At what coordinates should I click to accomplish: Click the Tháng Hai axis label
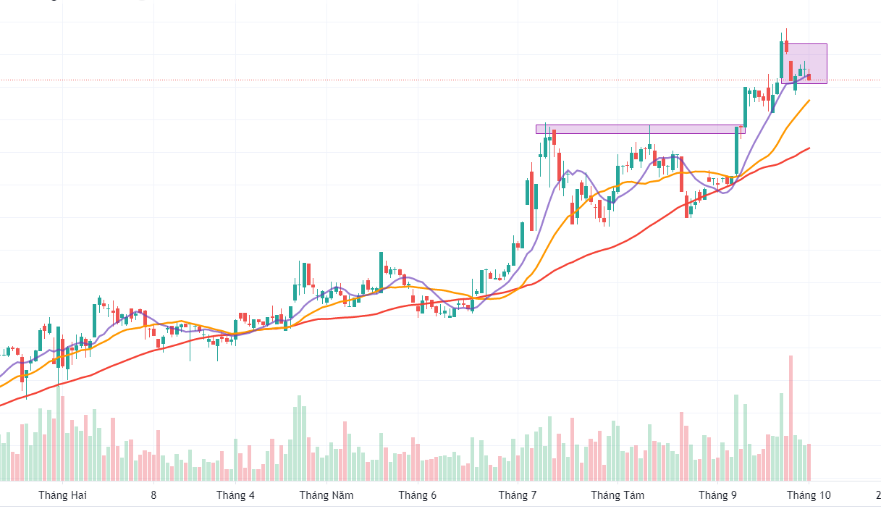click(x=62, y=495)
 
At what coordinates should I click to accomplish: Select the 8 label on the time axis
click(x=153, y=495)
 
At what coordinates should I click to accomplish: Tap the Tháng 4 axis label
click(x=235, y=495)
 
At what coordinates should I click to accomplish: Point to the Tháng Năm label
click(x=326, y=495)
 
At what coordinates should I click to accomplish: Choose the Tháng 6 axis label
click(x=418, y=495)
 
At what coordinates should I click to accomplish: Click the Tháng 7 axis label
click(x=518, y=495)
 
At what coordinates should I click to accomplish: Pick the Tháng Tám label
click(x=617, y=495)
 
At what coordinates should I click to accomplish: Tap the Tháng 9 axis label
click(x=717, y=495)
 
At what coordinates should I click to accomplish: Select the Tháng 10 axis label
click(x=809, y=495)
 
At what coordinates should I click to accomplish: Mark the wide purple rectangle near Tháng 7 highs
click(x=640, y=129)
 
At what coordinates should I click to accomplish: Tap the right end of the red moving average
click(x=809, y=148)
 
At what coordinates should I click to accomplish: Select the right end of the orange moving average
click(x=809, y=101)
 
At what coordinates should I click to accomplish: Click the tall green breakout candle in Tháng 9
click(x=737, y=151)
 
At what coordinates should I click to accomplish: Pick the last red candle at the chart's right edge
click(x=809, y=77)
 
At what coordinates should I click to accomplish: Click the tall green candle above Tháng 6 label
click(x=382, y=270)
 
